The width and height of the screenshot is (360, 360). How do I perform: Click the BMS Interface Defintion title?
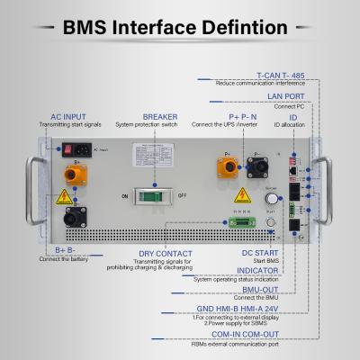pos(179,27)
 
